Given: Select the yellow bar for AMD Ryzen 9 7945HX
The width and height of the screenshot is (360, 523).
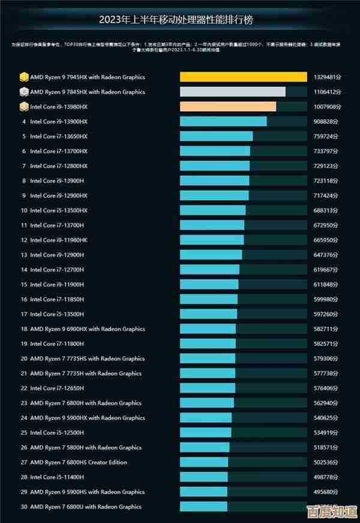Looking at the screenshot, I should click(243, 77).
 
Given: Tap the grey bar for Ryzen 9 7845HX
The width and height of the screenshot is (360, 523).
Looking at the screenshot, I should click(233, 92).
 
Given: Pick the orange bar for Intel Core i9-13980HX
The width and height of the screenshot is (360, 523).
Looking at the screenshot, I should click(228, 107).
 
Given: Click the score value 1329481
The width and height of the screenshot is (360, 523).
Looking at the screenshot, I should click(327, 77).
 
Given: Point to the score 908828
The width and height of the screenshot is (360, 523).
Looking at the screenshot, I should click(327, 122).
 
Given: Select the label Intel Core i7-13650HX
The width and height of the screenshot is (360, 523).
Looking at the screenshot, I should click(59, 136).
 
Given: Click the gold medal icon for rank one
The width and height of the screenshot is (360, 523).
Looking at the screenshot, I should click(23, 77).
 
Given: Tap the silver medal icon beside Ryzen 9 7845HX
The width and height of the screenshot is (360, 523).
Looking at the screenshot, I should click(23, 92).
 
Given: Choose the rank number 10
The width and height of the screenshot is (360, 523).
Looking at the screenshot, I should click(24, 211).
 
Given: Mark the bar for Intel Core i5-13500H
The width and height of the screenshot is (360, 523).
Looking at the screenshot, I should click(208, 314).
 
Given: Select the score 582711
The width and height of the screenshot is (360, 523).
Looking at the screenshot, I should click(327, 329).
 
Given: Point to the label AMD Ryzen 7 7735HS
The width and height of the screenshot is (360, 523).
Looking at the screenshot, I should click(87, 358).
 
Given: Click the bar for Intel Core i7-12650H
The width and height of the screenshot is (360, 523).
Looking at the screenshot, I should click(208, 388).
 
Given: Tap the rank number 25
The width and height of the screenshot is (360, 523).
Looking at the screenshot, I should click(24, 432).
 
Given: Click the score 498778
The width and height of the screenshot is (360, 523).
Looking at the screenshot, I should click(327, 477).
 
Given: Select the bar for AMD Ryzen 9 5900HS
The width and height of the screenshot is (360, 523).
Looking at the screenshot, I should click(203, 492).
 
